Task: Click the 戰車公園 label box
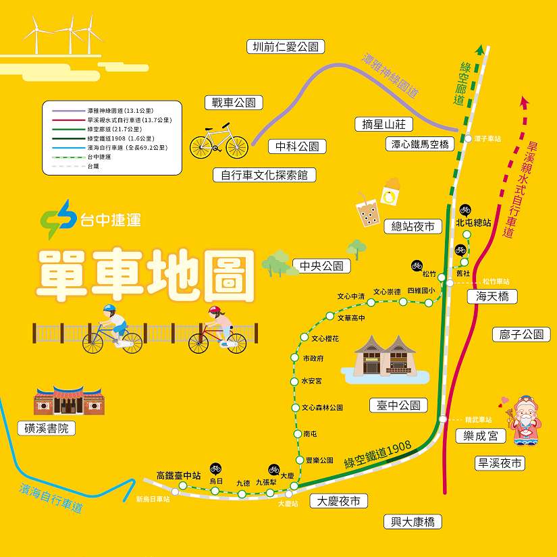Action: tap(234, 103)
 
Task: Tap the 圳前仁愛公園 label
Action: tap(285, 47)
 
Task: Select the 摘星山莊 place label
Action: tap(383, 124)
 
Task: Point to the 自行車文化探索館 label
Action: tap(264, 175)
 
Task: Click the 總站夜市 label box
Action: tap(413, 227)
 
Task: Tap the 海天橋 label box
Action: tap(492, 296)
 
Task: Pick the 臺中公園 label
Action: tap(398, 405)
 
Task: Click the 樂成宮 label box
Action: tap(480, 436)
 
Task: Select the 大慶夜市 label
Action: tap(339, 501)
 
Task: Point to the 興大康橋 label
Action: tap(412, 521)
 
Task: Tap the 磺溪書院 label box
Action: tap(47, 429)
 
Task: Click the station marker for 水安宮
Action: tap(295, 381)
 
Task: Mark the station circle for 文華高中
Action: tap(329, 316)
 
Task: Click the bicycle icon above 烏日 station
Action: tap(215, 468)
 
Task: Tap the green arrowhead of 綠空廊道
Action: tap(479, 49)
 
